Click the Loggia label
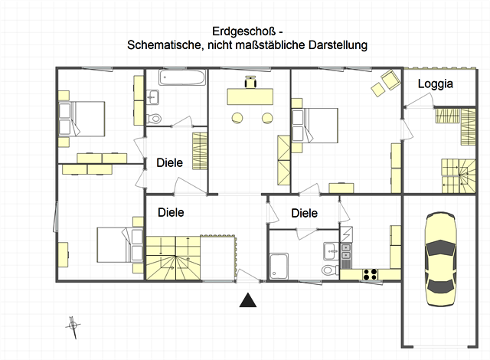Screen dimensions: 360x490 point(435,85)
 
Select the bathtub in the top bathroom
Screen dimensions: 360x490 point(184,78)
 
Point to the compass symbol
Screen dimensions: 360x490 point(73,325)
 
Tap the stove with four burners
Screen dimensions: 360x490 point(371,273)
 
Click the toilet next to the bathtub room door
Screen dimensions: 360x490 point(155,117)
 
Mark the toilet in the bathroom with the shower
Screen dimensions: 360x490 point(328,270)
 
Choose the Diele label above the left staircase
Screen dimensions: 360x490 point(171,212)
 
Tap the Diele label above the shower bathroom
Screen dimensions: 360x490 point(304,214)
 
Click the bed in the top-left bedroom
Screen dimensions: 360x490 point(82,118)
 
